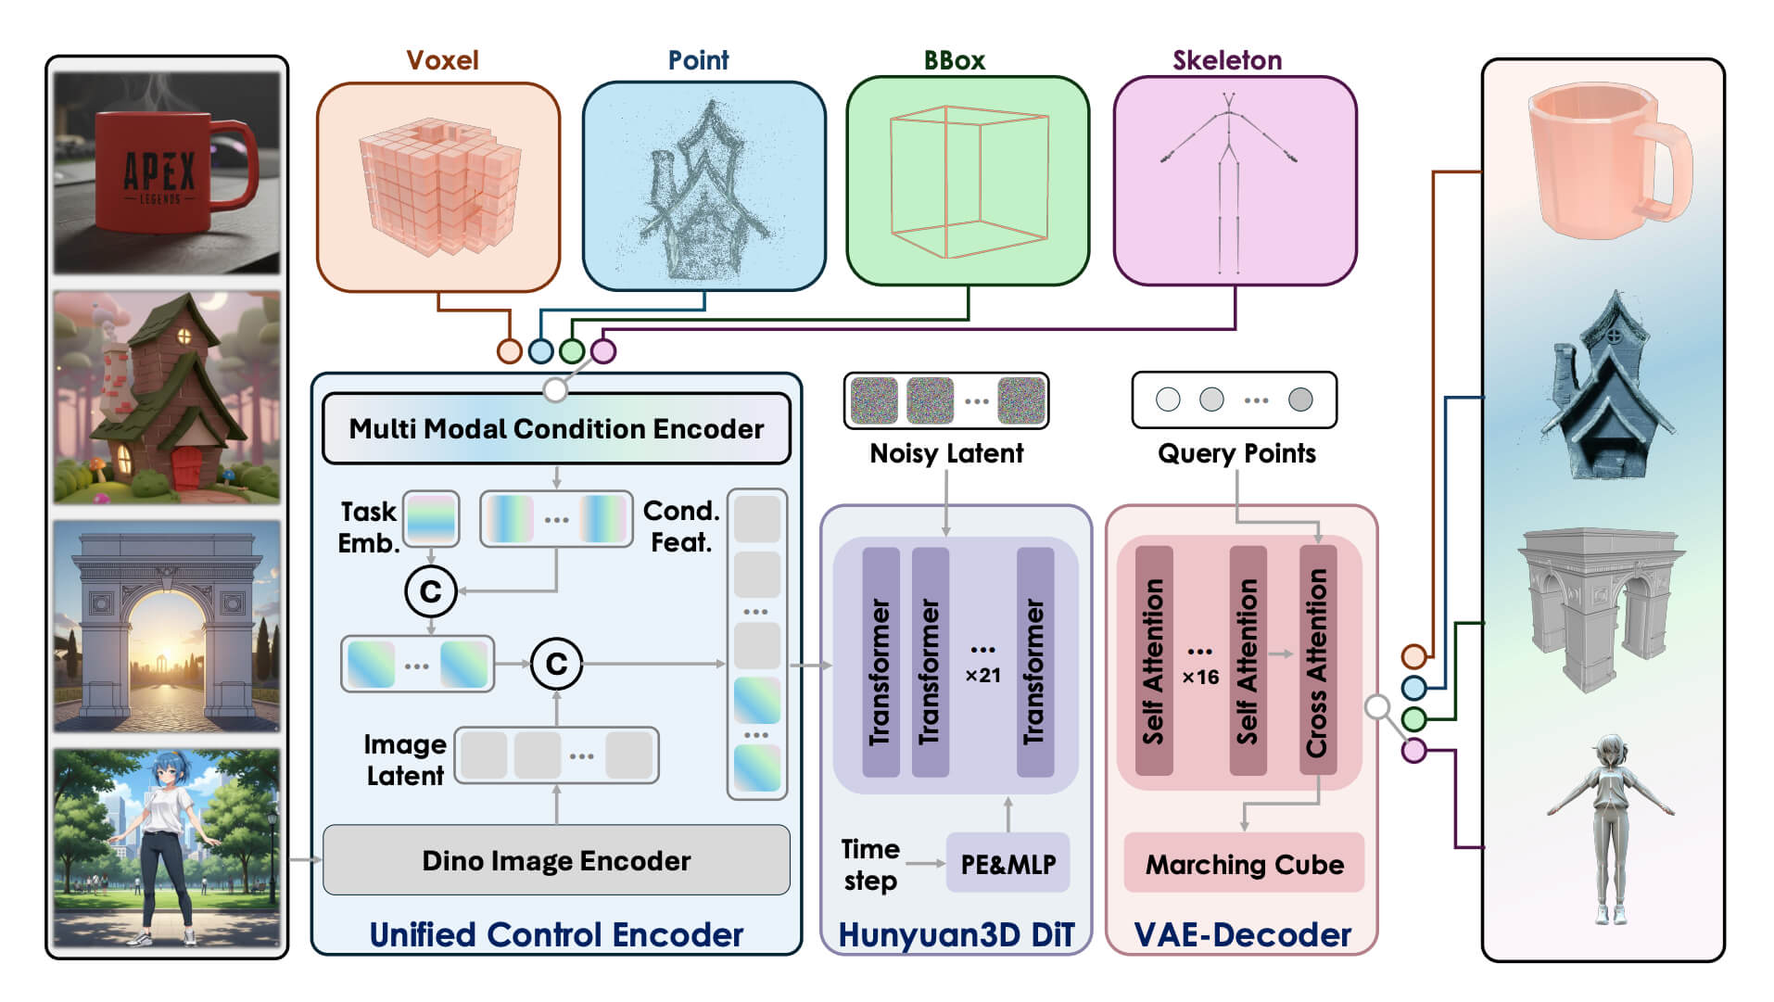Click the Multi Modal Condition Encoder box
tap(556, 428)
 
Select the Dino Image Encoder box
tap(556, 860)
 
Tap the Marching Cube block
tap(1244, 864)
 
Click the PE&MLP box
tap(1007, 864)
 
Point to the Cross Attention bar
tap(1317, 660)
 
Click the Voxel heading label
tap(442, 60)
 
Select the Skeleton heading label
tap(1227, 60)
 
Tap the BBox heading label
tap(954, 60)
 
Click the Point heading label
tap(698, 60)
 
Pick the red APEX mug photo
tap(167, 172)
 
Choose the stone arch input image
tap(167, 626)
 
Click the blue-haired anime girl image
tap(167, 848)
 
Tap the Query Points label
tap(1236, 453)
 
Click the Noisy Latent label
tap(946, 453)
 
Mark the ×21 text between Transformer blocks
tap(982, 675)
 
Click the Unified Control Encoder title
tap(556, 934)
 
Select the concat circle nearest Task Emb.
tap(431, 590)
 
